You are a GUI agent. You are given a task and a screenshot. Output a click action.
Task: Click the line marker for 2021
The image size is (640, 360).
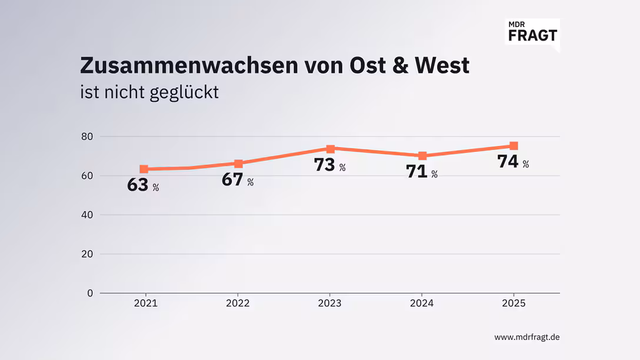(144, 169)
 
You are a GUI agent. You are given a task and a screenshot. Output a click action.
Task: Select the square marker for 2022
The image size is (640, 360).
(238, 164)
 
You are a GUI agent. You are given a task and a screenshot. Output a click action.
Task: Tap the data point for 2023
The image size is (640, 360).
(331, 149)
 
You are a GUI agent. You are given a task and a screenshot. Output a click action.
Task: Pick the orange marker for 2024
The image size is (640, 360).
(422, 156)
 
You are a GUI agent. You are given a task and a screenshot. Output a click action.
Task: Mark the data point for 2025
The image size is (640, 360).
(514, 146)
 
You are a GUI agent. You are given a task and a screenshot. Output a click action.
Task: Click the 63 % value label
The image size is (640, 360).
(143, 185)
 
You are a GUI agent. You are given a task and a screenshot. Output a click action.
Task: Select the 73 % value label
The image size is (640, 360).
(329, 165)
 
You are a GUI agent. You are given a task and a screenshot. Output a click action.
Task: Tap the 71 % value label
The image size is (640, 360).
(422, 172)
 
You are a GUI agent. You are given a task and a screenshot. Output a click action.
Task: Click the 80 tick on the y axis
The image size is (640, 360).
(88, 136)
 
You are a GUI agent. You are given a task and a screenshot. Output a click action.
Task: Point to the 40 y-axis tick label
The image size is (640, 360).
(88, 215)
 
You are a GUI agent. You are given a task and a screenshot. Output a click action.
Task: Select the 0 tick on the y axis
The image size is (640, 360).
(90, 293)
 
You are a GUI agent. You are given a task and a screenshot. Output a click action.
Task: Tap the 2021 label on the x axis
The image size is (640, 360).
(145, 304)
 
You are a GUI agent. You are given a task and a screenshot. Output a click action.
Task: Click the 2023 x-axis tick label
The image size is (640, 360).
(329, 304)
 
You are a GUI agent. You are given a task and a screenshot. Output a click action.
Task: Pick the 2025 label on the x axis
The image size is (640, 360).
(514, 304)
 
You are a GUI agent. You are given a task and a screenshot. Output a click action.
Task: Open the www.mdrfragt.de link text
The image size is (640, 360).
(526, 337)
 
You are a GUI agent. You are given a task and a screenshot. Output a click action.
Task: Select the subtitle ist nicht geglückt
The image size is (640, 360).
(149, 92)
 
